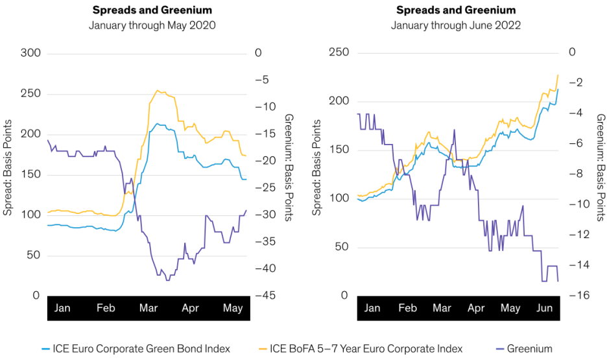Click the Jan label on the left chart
62,308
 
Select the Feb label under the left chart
106,308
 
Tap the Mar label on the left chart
149,308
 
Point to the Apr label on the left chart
191,308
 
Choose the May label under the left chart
233,308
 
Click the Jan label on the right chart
372,308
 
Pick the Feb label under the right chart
407,308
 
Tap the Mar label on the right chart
442,308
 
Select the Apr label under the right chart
476,308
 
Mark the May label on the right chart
510,308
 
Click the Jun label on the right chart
545,308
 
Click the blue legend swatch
45,349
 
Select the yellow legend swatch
263,349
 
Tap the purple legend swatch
500,349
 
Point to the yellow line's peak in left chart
158,91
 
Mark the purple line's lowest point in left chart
168,280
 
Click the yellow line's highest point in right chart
558,75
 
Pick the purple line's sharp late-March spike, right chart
454,129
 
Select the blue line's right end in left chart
246,179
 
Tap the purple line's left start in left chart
47,140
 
